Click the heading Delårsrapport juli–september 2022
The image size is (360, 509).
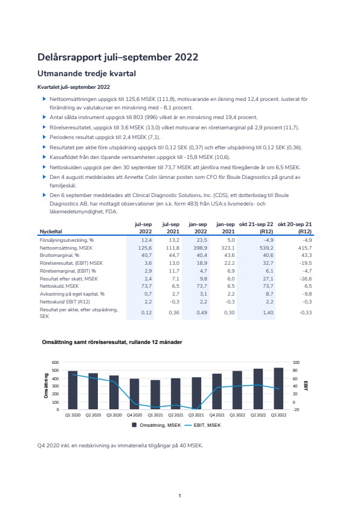pos(118,57)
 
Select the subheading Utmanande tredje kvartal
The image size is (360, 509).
pos(86,74)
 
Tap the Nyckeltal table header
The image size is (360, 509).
pos(51,232)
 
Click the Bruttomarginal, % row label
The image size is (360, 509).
pos(59,256)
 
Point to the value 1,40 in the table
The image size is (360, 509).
pos(268,313)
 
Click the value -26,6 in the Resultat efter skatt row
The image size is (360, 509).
pos(306,279)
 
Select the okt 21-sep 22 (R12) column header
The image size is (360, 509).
pos(256,227)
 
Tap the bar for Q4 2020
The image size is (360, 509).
pos(134,394)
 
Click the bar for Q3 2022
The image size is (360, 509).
pos(278,389)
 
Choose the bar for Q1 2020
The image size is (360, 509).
pos(72,390)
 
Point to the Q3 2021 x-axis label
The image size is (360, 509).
pos(196,415)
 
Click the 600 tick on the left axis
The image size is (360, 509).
pos(56,362)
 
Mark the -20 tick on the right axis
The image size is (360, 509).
pos(296,410)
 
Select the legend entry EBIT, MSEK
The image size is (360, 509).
pos(203,425)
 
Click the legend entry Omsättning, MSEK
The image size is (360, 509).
pos(156,425)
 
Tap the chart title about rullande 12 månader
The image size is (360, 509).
pos(112,342)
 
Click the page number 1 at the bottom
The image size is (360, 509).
pos(179,496)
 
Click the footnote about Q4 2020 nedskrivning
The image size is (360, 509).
pos(120,446)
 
